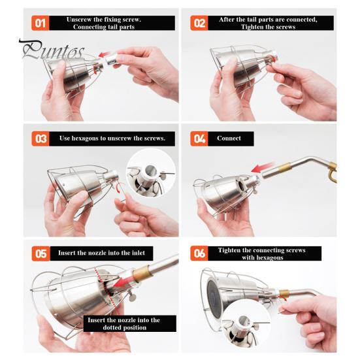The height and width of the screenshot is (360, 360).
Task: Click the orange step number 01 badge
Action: tap(40, 23)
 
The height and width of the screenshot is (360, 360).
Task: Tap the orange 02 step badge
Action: tap(199, 23)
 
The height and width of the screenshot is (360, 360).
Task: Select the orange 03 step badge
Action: tap(41, 139)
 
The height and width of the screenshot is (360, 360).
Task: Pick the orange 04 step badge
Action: tap(199, 139)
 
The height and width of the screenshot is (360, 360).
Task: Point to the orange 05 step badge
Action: tap(41, 254)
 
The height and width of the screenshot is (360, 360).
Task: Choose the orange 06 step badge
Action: tap(199, 254)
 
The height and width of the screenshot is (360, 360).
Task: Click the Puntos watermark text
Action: tap(52, 50)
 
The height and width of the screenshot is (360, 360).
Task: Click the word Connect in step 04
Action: tap(229, 139)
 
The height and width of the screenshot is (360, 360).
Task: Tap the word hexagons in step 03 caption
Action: tap(86, 139)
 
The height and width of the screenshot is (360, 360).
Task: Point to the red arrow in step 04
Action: tap(263, 167)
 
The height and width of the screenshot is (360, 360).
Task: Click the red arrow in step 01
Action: tap(105, 54)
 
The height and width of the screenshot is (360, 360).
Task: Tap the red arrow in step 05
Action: tap(123, 282)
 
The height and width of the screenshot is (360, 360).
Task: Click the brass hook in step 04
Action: tap(333, 171)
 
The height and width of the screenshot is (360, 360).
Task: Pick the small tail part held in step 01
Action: tap(112, 59)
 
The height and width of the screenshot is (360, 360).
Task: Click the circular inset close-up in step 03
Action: tap(151, 173)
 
